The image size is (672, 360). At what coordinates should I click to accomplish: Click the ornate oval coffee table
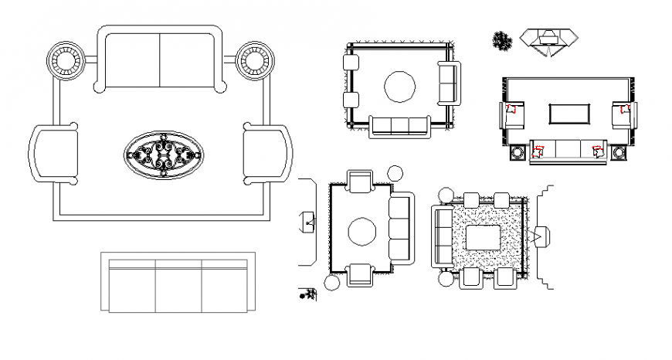pyautogui.click(x=164, y=156)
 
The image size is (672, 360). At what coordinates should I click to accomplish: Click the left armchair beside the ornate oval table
pyautogui.click(x=54, y=153)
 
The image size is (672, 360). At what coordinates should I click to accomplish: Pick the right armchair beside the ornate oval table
pyautogui.click(x=267, y=153)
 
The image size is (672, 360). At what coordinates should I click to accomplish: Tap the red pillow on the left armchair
pyautogui.click(x=511, y=110)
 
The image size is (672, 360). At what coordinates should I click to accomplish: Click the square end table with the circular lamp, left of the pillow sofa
pyautogui.click(x=517, y=153)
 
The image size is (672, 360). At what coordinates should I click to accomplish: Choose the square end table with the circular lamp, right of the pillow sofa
pyautogui.click(x=619, y=153)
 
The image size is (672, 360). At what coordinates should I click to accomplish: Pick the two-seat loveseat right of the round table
pyautogui.click(x=448, y=83)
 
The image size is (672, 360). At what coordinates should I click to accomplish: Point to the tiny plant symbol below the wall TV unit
pyautogui.click(x=308, y=294)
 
